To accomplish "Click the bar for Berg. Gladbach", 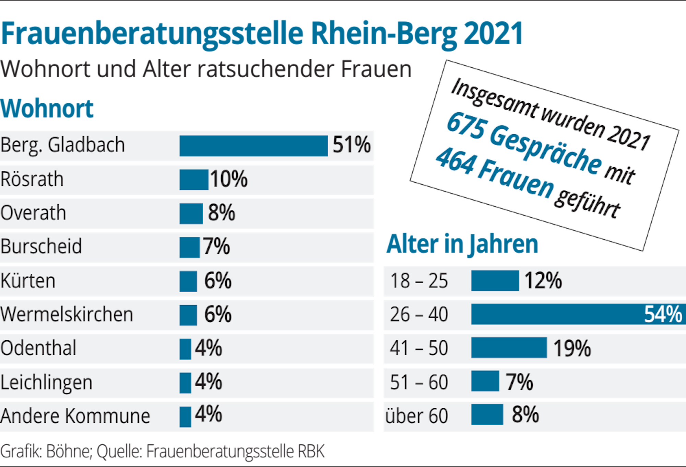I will (x=253, y=146).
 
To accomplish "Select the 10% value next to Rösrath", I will (x=229, y=179).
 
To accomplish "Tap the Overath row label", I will (x=33, y=213).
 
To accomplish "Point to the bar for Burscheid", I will (x=189, y=247).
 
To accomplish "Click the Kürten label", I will (x=28, y=281).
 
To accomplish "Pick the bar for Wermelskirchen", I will (x=188, y=315).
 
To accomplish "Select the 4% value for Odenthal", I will (x=209, y=348).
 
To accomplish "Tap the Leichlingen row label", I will (x=47, y=383).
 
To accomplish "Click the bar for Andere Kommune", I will (x=185, y=417).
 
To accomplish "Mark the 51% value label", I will (x=352, y=145).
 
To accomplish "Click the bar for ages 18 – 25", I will (x=495, y=281).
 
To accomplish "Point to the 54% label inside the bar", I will (x=663, y=314).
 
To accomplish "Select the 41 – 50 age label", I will (x=419, y=348).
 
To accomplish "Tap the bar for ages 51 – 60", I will (x=485, y=381).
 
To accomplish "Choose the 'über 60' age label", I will (x=417, y=416).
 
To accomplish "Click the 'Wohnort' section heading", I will (x=47, y=109).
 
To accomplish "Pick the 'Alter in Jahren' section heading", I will (x=462, y=244).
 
